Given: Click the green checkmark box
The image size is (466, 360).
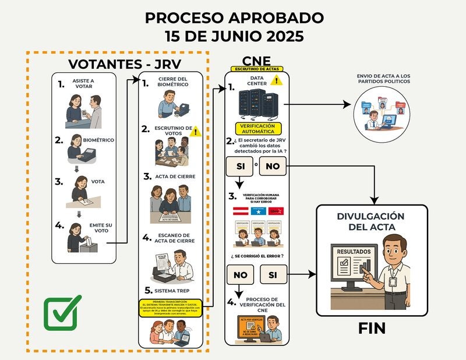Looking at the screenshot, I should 62,313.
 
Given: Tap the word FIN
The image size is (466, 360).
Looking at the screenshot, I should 372,328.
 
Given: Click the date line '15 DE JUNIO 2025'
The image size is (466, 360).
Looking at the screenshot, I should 232,36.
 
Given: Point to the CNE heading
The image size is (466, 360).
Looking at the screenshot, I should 257,60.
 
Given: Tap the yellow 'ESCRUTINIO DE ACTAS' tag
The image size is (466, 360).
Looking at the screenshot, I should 257,69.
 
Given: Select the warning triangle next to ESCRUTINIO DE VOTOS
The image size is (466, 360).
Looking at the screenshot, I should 196,132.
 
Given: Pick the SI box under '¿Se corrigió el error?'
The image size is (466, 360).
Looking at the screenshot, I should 273,273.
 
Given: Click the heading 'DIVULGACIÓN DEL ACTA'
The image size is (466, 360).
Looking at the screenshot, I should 371,222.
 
